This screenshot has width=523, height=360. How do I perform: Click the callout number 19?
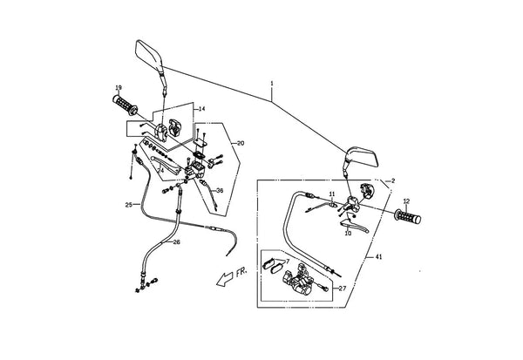point(119,88)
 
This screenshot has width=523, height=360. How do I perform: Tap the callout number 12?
point(406,201)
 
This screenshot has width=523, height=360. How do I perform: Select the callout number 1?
point(272,83)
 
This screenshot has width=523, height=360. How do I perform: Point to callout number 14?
point(202,109)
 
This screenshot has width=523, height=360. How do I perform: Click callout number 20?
point(241,143)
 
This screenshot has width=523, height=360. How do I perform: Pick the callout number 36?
point(220,191)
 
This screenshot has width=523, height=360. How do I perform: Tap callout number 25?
point(129,205)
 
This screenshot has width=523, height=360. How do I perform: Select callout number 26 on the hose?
point(176,242)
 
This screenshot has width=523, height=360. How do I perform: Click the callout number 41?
point(378,256)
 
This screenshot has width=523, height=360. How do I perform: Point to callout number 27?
point(343,289)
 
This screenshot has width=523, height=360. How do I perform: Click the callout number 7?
point(288,261)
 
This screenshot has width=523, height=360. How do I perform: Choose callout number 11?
point(331,194)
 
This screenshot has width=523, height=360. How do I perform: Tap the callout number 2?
point(393,180)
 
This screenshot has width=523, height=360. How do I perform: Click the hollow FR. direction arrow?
point(225,279)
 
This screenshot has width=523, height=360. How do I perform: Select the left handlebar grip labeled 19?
point(125,105)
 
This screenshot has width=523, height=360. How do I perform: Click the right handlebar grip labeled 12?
point(408,216)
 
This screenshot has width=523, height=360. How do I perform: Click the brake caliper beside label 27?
point(298,280)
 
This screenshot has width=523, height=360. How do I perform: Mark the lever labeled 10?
point(354,224)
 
